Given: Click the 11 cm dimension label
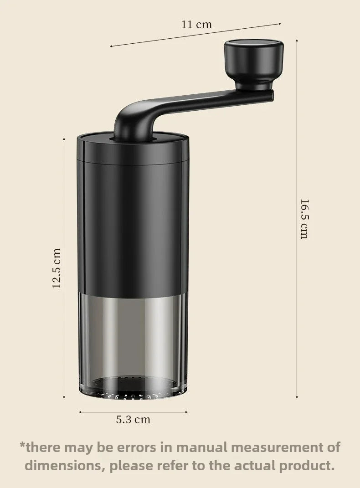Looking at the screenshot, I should tap(196, 25).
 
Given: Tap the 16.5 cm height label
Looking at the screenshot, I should tap(304, 219).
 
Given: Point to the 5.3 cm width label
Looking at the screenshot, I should tap(133, 420).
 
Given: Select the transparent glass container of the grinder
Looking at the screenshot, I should tap(133, 342).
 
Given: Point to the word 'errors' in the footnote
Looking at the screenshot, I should tap(136, 447).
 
